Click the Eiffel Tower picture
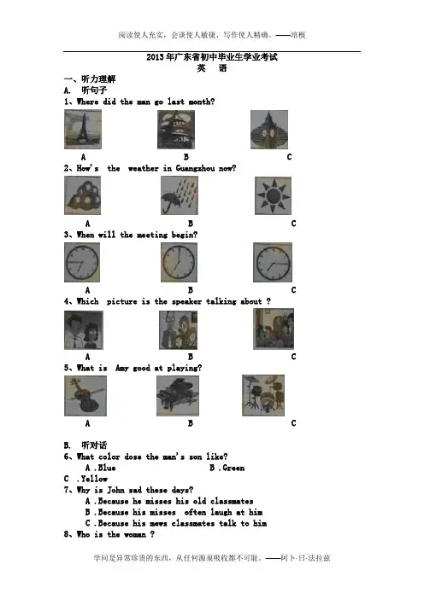click(83, 129)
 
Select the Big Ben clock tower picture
click(269, 130)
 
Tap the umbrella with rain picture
click(180, 195)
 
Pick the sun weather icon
click(273, 195)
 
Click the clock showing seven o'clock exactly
click(180, 263)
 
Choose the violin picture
click(85, 396)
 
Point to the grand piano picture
click(178, 396)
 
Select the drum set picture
click(263, 395)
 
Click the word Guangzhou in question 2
click(195, 168)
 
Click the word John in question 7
click(115, 490)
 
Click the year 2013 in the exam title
click(155, 57)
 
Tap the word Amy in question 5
click(121, 369)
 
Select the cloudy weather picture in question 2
click(82, 195)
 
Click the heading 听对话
click(94, 445)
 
